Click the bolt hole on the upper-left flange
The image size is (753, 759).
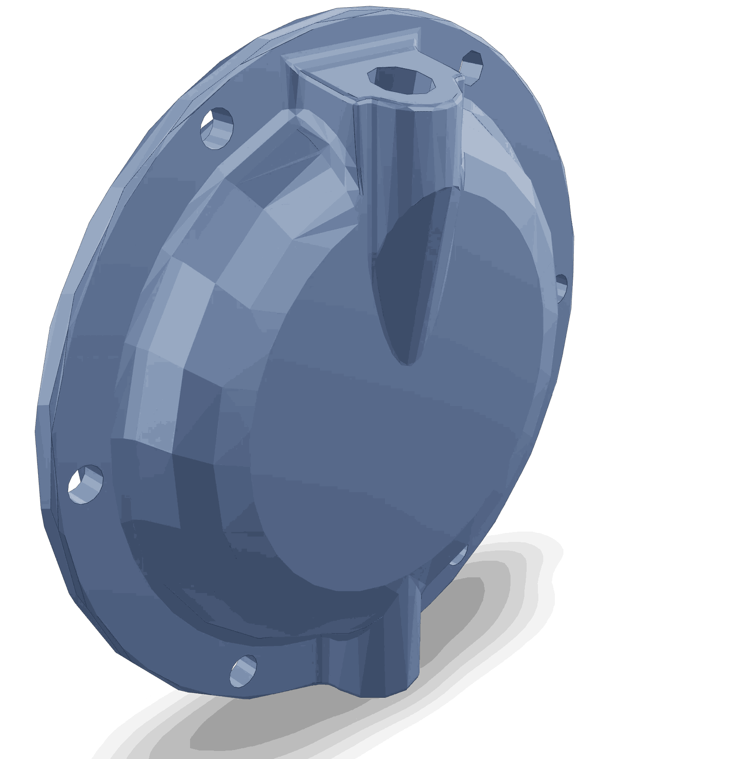coord(217,127)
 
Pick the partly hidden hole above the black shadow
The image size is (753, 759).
coord(458,557)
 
